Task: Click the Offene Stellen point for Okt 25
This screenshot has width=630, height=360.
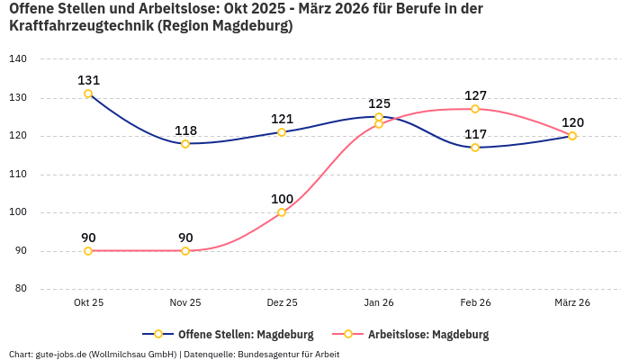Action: pos(88,94)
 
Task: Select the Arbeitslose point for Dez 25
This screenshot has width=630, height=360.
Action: pos(282,212)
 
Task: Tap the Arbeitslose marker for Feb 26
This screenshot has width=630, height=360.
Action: pos(475,109)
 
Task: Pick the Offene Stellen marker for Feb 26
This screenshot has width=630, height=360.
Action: pos(475,148)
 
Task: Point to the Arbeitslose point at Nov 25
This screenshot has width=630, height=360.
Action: pos(185,251)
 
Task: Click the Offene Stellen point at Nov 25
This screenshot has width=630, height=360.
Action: pos(185,144)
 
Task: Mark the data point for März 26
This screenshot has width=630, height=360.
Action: pos(572,136)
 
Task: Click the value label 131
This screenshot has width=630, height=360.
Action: pos(88,80)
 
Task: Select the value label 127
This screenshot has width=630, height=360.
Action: pos(475,95)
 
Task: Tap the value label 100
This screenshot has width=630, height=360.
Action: pos(282,199)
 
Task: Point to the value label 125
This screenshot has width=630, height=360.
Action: pos(379,103)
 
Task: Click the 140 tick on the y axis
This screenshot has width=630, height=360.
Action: pos(18,59)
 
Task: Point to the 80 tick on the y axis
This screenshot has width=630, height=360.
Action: pos(21,289)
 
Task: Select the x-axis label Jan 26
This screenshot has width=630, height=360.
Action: pos(379,302)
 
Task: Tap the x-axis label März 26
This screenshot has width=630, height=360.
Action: pos(572,302)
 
